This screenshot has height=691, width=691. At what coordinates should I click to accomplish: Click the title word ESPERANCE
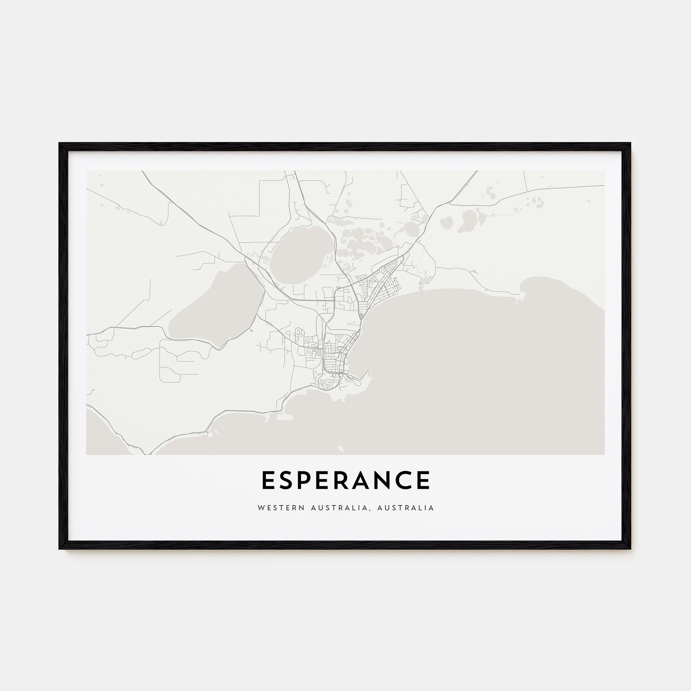point(345,480)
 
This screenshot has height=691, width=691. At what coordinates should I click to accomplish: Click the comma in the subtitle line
point(369,509)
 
